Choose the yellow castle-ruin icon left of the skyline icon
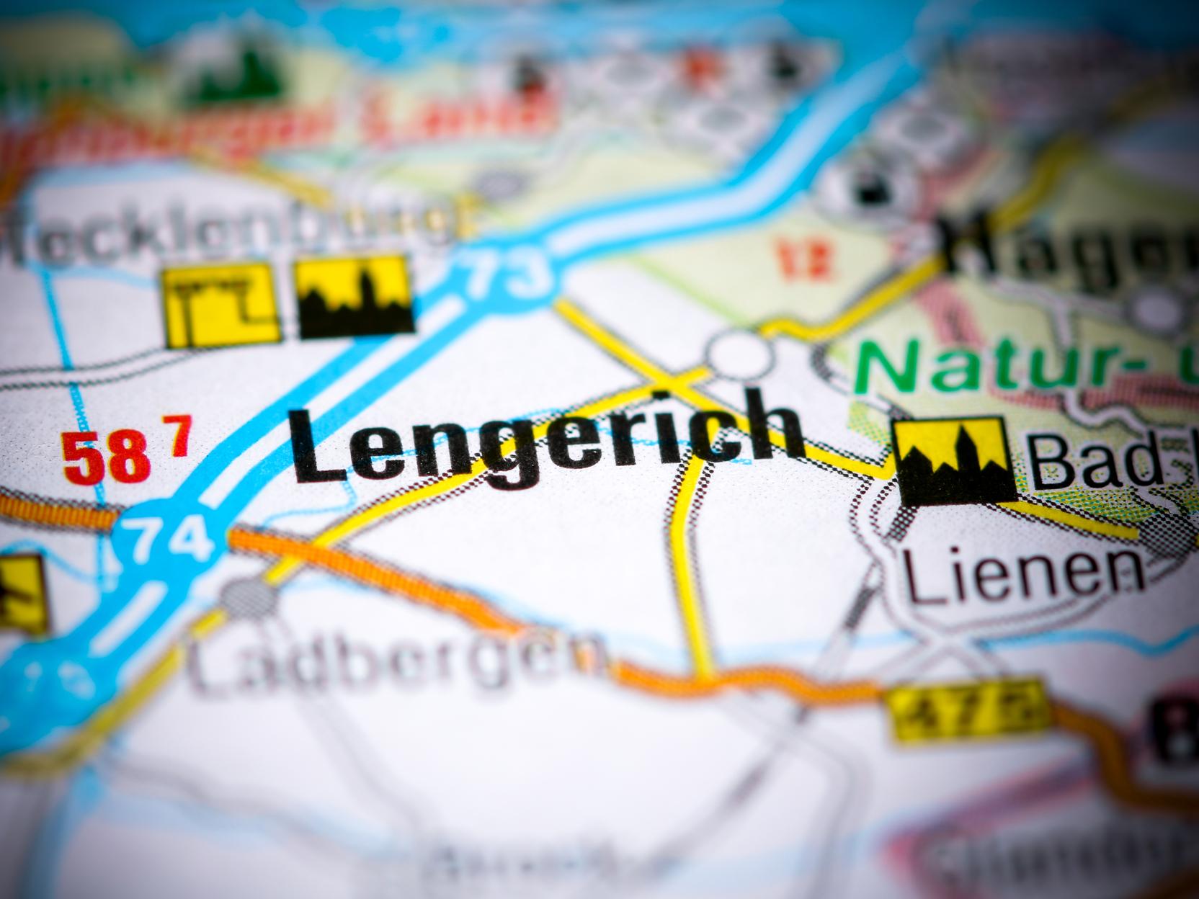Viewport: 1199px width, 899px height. (x=220, y=305)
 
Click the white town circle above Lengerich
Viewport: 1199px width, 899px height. (x=739, y=354)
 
